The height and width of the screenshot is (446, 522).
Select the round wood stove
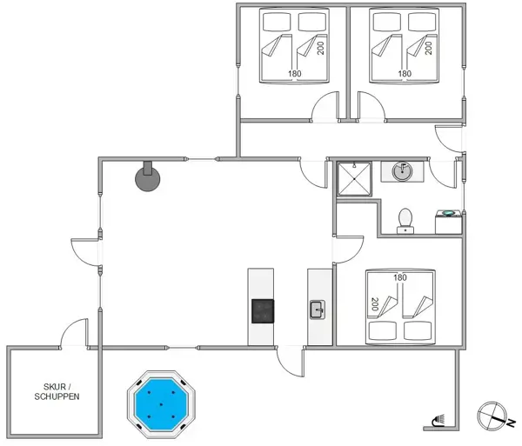(146, 178)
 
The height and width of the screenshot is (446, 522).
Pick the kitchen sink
(318, 308)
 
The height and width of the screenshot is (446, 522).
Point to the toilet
(405, 220)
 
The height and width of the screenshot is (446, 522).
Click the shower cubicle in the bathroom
(356, 177)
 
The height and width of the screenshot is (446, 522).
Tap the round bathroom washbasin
(402, 170)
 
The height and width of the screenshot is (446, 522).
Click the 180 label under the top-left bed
(294, 74)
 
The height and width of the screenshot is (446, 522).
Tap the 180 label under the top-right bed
(404, 74)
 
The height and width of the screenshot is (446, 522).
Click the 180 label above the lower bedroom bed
(400, 277)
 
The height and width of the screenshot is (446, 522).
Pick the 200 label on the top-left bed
(321, 46)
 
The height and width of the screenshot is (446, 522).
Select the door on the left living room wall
(87, 250)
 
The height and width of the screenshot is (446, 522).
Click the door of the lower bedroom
(348, 248)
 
